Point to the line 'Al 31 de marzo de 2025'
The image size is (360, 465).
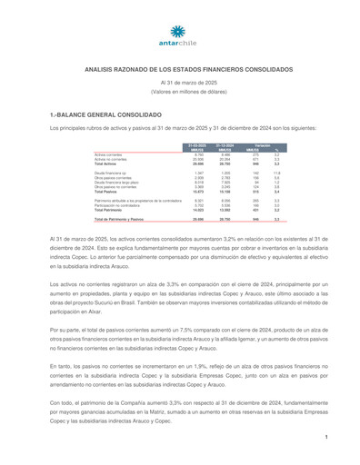(x=180, y=84)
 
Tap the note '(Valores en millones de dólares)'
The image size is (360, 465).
(x=180, y=93)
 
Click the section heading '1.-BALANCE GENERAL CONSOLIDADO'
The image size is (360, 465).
(x=99, y=117)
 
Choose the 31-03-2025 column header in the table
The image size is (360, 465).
(x=196, y=144)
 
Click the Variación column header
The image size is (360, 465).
(x=262, y=144)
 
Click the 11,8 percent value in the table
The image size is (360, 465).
(x=277, y=172)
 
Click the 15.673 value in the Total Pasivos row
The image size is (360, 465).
(x=197, y=192)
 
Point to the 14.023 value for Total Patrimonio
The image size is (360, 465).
(x=197, y=210)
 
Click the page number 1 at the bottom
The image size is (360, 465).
(x=325, y=438)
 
